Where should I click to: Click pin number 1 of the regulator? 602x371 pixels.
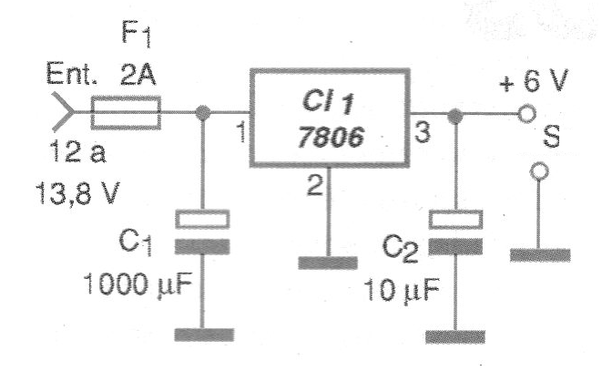[240, 137]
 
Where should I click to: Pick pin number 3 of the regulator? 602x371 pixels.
[422, 133]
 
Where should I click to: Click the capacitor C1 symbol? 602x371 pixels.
[202, 232]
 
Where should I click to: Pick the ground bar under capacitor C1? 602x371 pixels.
[202, 334]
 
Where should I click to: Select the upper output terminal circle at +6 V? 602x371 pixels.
[525, 116]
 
